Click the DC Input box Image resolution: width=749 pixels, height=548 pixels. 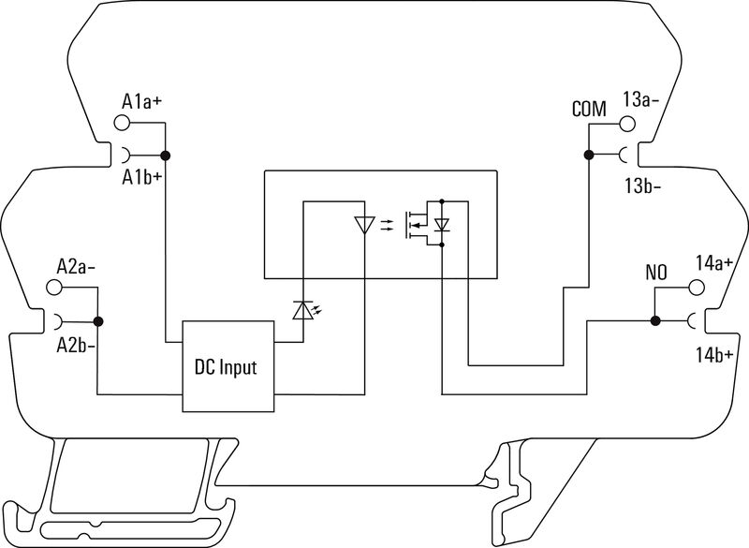(228, 366)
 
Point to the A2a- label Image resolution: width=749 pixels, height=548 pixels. (77, 265)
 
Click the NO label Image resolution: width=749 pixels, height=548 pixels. (655, 274)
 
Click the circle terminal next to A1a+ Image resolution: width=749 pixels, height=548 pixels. (122, 123)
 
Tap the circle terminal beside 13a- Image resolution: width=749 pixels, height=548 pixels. (624, 123)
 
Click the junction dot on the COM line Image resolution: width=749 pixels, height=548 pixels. (588, 156)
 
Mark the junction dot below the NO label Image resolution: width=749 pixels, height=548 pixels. (655, 321)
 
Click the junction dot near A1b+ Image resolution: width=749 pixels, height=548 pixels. (165, 156)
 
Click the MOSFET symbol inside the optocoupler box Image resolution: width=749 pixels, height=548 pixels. (418, 225)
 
